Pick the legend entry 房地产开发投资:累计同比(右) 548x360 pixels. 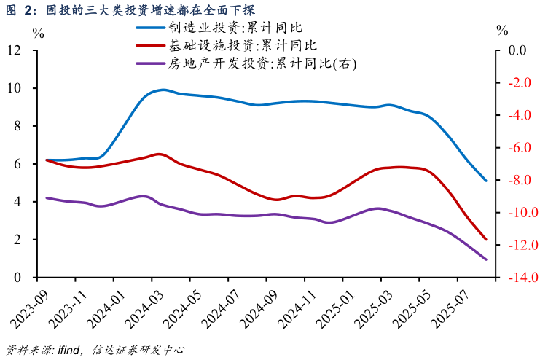[x=263, y=63]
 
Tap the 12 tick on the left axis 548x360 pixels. [x=14, y=50]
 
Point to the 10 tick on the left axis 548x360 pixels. [x=14, y=88]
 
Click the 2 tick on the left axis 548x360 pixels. [x=17, y=240]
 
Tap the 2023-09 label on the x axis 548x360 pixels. [x=29, y=307]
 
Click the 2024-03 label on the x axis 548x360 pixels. [x=144, y=307]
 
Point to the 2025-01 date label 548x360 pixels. [x=334, y=307]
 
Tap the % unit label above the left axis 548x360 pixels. [x=38, y=33]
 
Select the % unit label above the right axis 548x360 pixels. [x=502, y=30]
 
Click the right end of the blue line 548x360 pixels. [x=486, y=181]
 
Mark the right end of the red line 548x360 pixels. [x=486, y=239]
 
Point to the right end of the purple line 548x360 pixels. [x=486, y=259]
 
